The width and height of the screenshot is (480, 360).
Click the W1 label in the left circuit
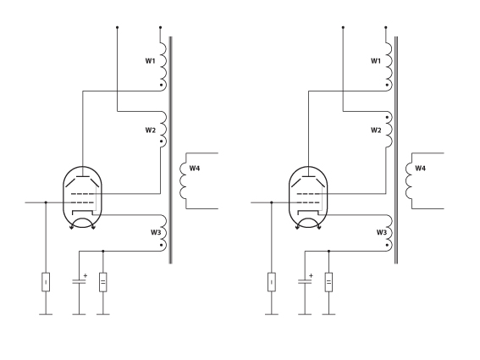click(150, 61)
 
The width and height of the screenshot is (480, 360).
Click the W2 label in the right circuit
click(376, 130)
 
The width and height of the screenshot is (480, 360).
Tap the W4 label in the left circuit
click(195, 169)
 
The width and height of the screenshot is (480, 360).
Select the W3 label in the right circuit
click(382, 232)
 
